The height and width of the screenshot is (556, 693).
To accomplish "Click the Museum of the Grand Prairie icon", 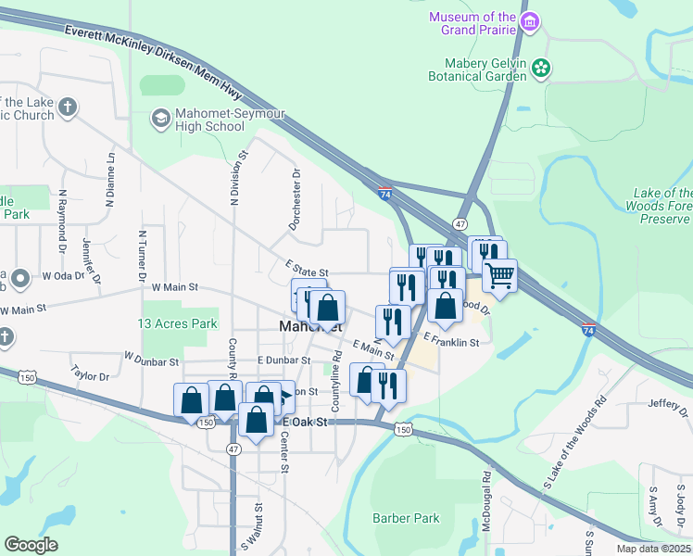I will coord(529,22).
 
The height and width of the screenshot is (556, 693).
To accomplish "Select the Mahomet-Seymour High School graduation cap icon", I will coord(160,118).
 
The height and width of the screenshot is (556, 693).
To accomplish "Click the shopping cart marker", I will coord(499,274).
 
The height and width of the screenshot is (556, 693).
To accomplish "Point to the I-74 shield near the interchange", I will coord(385,192).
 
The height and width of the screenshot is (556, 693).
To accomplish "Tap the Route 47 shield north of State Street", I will coord(460,224).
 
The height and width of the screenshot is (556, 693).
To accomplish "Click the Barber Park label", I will coord(406,518).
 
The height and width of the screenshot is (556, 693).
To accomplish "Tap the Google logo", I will coord(31,545).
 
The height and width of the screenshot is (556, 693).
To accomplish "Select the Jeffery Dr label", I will coord(671,402).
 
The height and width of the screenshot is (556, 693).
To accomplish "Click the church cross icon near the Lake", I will coord(67,108).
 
